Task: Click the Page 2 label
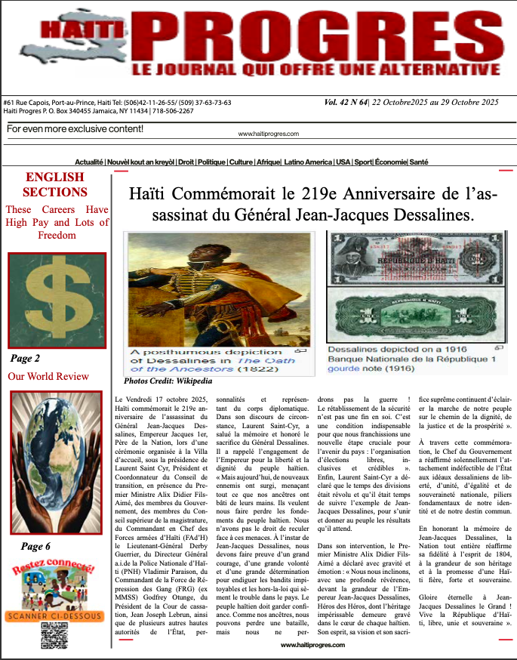click(26, 358)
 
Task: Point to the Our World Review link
click(48, 376)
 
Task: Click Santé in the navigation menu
click(419, 162)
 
